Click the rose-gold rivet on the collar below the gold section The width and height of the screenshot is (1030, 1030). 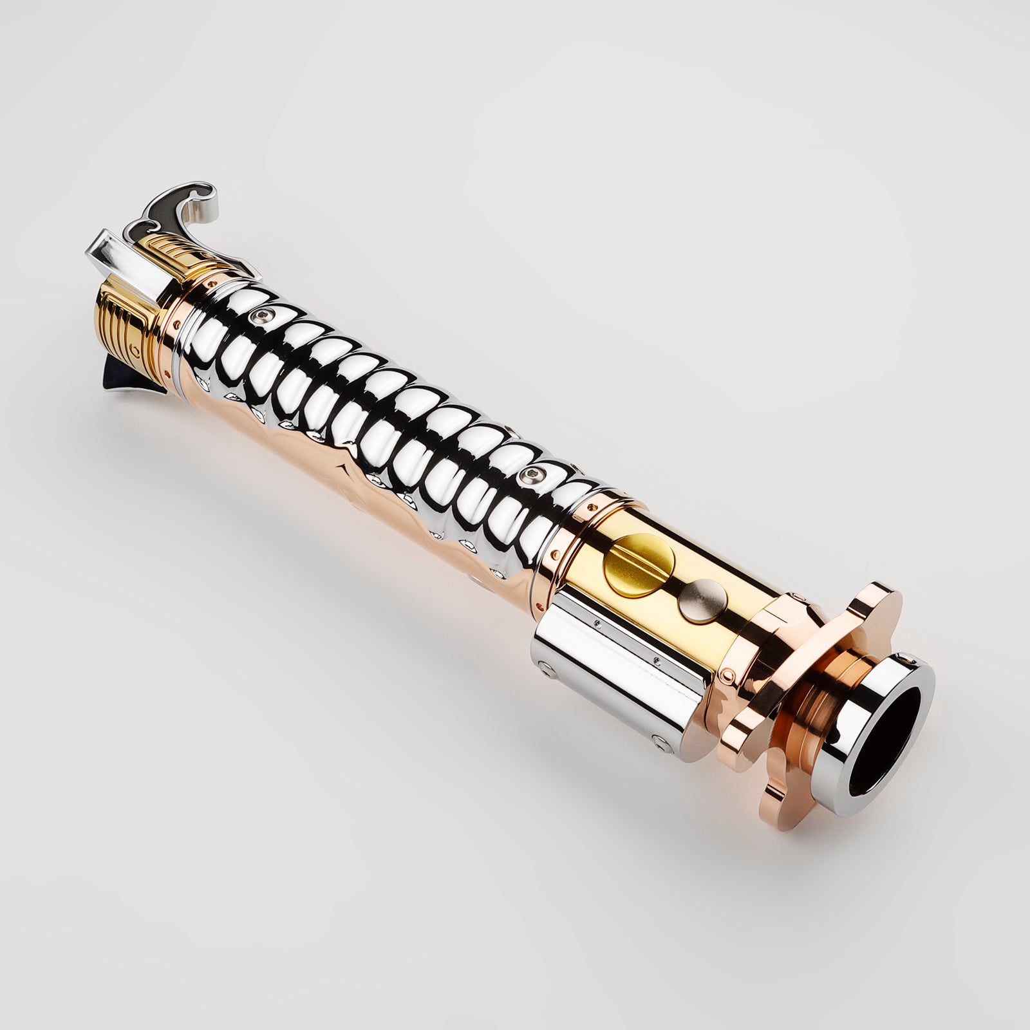pos(726,675)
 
